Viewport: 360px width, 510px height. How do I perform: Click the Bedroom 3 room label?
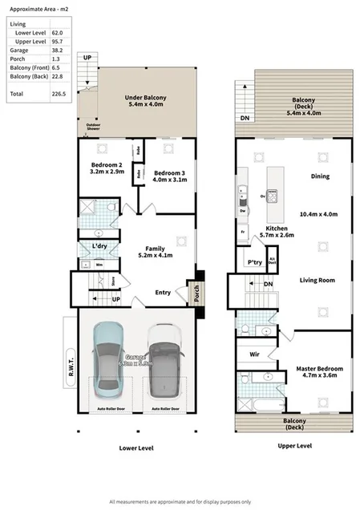(x=169, y=176)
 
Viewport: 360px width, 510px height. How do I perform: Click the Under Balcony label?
(x=144, y=100)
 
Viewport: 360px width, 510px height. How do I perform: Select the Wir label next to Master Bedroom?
(x=255, y=353)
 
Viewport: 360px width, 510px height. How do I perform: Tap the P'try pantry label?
(x=255, y=261)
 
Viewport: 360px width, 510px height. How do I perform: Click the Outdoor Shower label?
(x=88, y=127)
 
